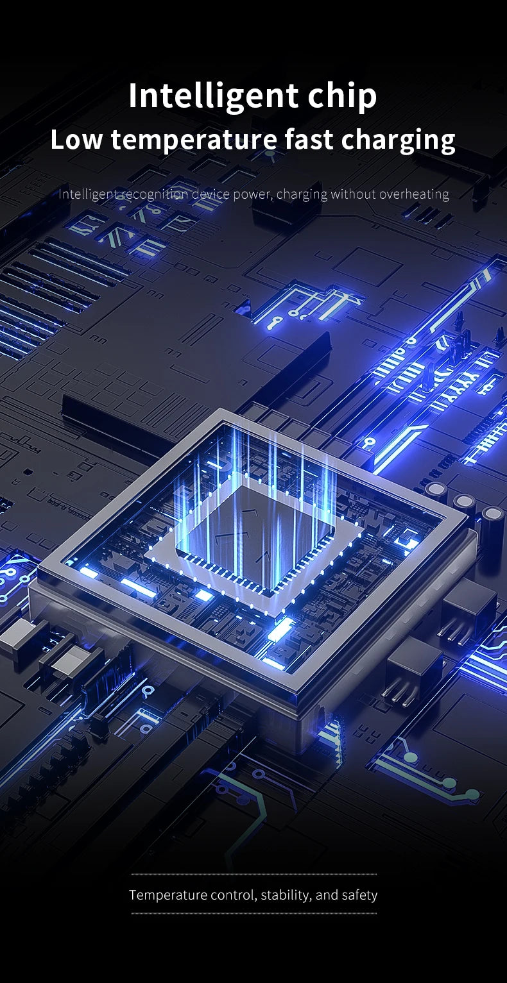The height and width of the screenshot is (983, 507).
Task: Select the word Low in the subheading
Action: (76, 140)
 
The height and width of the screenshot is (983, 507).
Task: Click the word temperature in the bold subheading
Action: (194, 140)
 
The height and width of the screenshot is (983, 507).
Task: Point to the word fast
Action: (309, 140)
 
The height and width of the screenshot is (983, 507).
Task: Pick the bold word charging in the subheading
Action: (398, 140)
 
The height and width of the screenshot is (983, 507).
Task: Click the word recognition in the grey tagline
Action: (154, 194)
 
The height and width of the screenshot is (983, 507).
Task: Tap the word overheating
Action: (415, 194)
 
